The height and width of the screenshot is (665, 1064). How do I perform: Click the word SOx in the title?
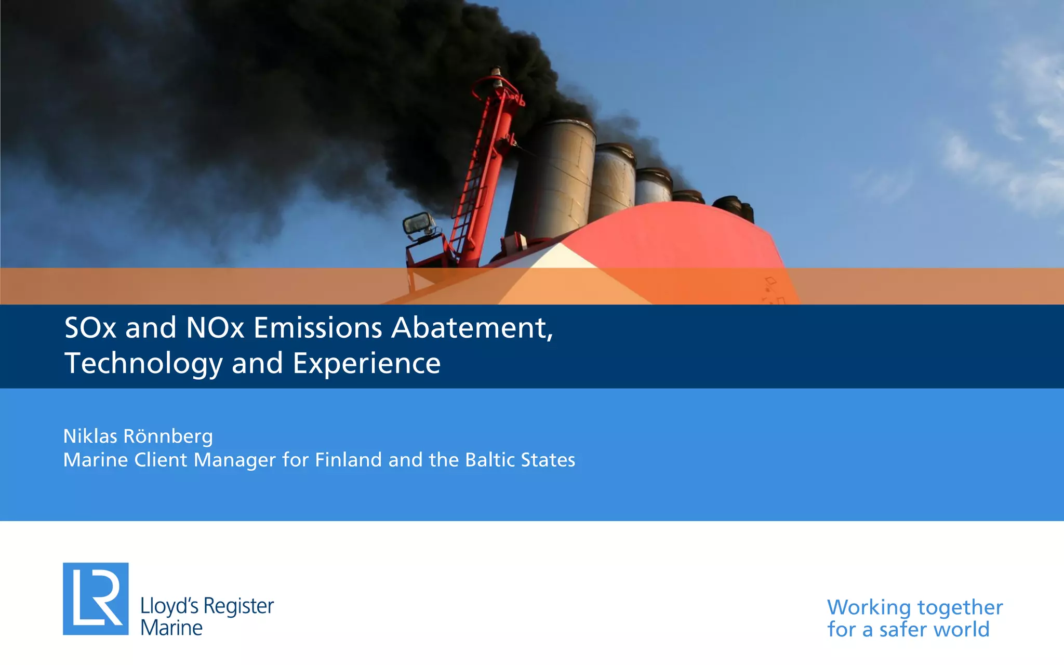(x=90, y=328)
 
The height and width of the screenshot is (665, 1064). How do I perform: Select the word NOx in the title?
(x=215, y=328)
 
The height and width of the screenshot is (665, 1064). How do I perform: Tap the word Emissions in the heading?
(x=317, y=328)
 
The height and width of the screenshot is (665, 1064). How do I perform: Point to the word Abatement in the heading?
(x=472, y=328)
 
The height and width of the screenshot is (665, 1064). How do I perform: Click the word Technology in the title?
(x=143, y=363)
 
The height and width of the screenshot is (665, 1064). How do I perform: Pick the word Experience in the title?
(x=366, y=363)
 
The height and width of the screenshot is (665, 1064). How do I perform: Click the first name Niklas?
(x=90, y=436)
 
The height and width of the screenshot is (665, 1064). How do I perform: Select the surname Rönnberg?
(x=168, y=436)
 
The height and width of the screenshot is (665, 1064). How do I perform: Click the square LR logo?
(x=96, y=598)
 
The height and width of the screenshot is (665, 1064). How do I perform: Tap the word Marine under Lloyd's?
(x=171, y=628)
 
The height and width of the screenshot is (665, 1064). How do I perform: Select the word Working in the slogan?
(x=869, y=607)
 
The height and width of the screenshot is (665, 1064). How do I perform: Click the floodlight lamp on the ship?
(x=418, y=224)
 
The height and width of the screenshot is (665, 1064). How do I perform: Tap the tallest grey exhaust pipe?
(x=553, y=177)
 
